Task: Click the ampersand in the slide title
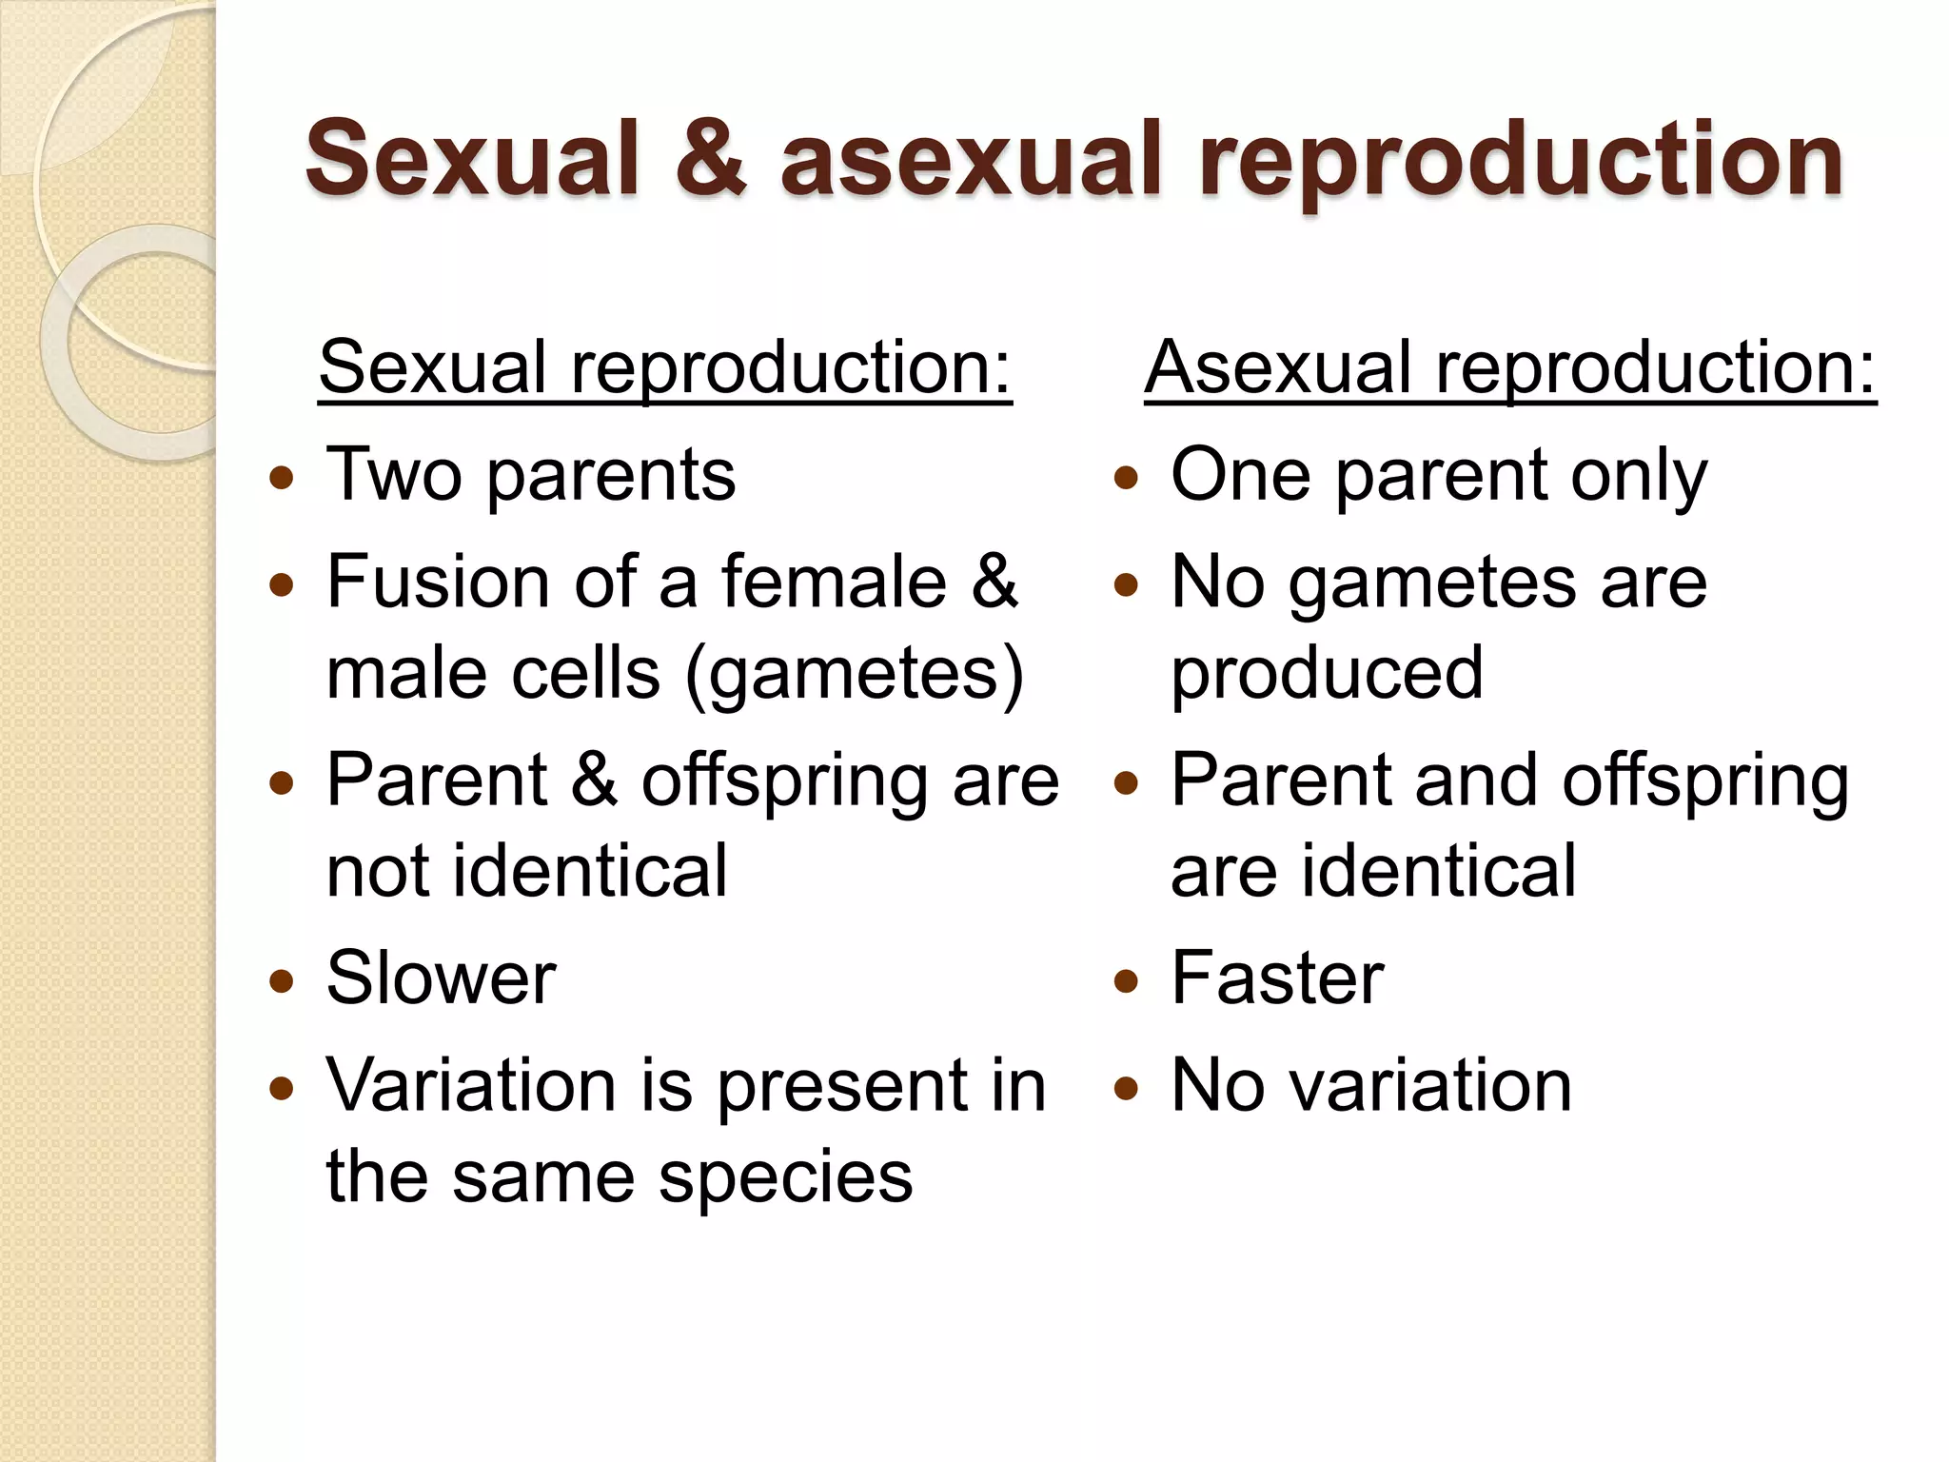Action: [x=711, y=159]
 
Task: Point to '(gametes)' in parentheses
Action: [x=854, y=674]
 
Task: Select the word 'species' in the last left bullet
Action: [x=785, y=1178]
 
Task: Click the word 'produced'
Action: [x=1327, y=674]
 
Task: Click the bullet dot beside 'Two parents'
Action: [x=282, y=478]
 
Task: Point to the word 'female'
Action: [x=834, y=581]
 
